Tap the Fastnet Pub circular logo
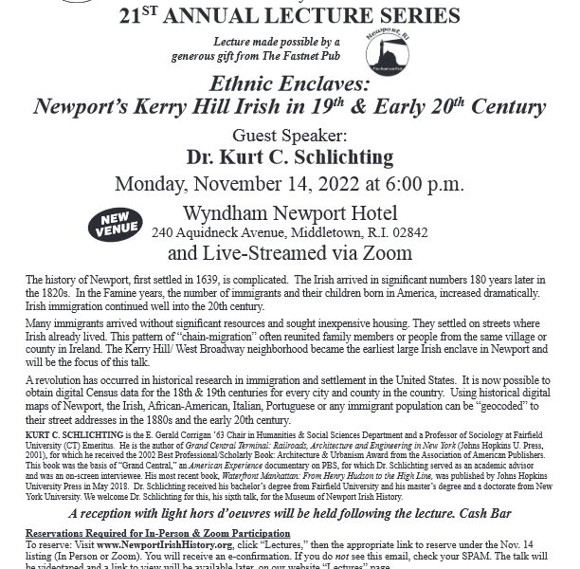click(x=384, y=48)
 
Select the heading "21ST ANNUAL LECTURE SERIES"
click(x=289, y=14)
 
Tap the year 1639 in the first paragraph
click(x=203, y=281)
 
